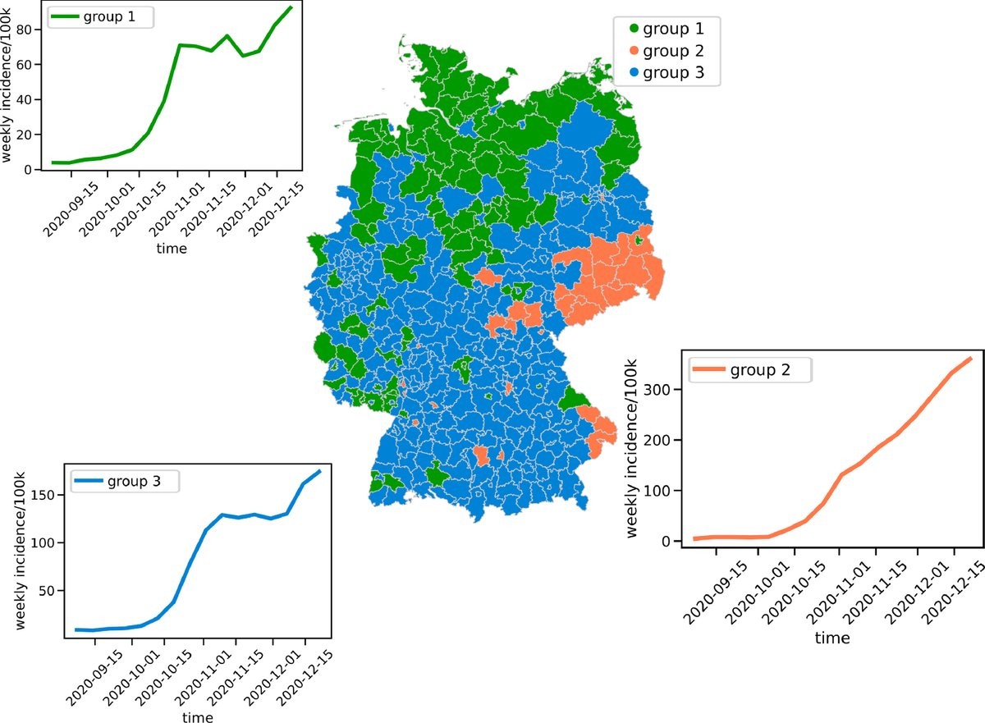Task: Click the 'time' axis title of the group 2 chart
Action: [x=832, y=638]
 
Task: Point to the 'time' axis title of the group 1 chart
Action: [x=172, y=248]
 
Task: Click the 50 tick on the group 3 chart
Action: [x=46, y=591]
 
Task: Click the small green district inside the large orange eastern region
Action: [x=639, y=240]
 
